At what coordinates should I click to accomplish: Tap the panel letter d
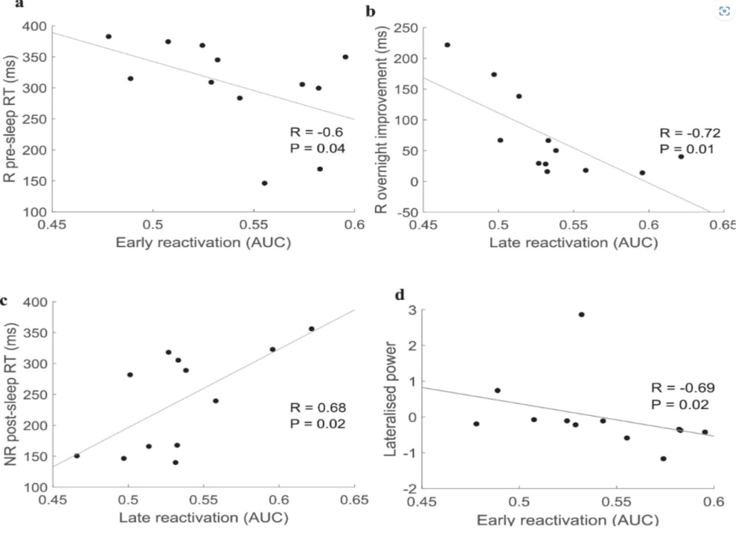tap(400, 295)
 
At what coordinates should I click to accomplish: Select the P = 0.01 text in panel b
tap(687, 149)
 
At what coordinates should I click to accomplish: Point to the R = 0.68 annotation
tap(318, 407)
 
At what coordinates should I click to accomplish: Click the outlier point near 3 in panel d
tap(581, 314)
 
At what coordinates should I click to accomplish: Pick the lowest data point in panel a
tap(264, 183)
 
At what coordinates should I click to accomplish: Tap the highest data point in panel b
tap(447, 45)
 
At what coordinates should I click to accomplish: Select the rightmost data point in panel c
tap(312, 329)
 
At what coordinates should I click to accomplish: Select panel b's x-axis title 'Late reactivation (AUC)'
tap(574, 243)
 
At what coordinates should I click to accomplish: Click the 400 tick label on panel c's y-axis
tap(34, 303)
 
